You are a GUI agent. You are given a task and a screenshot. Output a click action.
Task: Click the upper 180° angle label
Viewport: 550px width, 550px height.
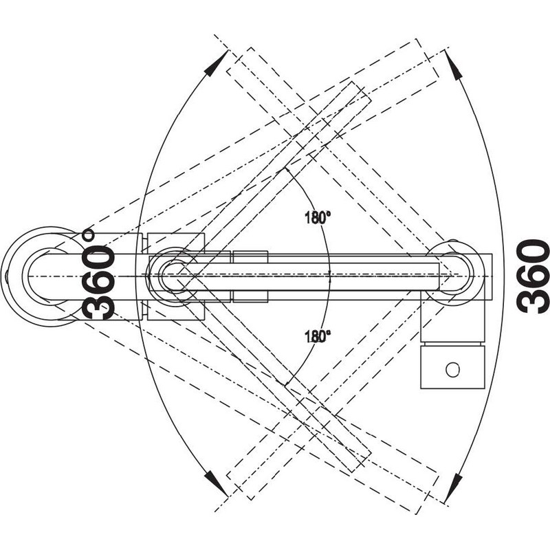pyautogui.click(x=318, y=218)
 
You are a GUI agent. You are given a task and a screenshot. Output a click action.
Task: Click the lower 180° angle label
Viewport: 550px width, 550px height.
pyautogui.click(x=318, y=336)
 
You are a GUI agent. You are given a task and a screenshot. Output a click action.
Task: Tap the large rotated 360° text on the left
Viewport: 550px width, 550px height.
pyautogui.click(x=98, y=274)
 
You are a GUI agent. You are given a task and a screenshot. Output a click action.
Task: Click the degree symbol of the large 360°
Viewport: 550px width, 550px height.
pyautogui.click(x=89, y=235)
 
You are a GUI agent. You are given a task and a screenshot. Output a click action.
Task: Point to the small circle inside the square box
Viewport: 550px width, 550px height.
pyautogui.click(x=452, y=369)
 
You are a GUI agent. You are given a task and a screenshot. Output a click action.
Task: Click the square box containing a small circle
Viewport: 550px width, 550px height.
pyautogui.click(x=453, y=367)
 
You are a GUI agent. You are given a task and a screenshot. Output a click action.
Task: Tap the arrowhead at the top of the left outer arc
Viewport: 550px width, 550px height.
pyautogui.click(x=214, y=64)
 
